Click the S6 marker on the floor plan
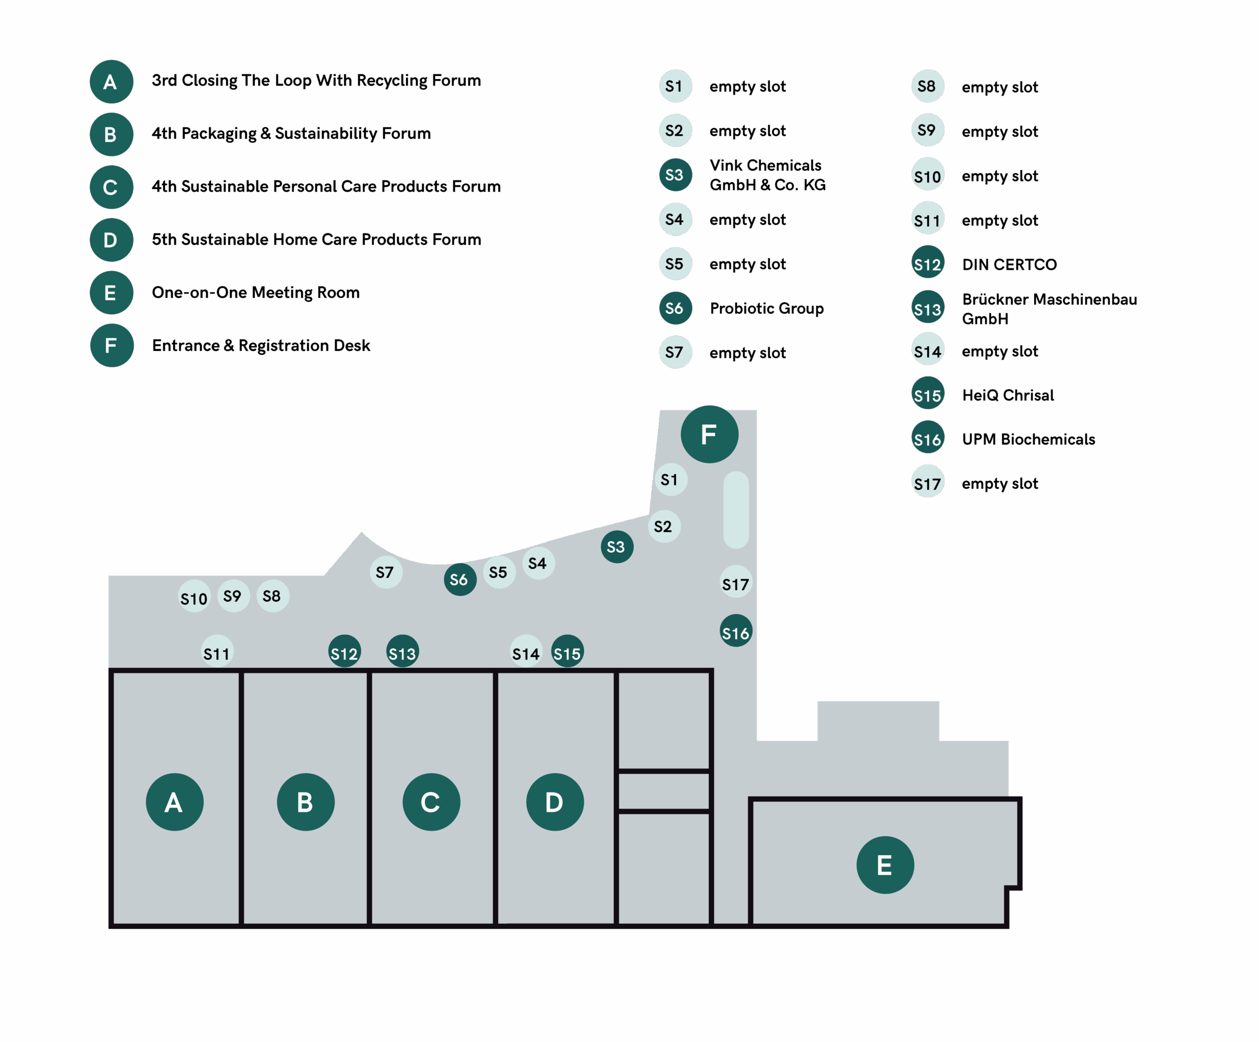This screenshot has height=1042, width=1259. coord(460,579)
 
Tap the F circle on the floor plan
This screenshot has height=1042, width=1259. coord(709,434)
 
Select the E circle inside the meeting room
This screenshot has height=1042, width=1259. coord(885,864)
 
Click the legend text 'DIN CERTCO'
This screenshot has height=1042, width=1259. coord(1009,265)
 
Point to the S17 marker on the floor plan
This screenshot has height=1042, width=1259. coord(736,583)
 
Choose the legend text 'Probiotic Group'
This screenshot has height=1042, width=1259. coord(766,308)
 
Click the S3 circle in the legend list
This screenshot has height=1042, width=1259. coord(675,175)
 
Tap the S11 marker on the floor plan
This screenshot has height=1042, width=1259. coord(216,653)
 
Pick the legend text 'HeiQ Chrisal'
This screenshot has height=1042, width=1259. coord(1007,395)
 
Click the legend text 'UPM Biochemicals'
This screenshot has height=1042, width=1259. coord(1028,440)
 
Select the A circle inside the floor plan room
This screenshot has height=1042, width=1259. coord(175,802)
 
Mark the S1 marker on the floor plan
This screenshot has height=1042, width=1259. coord(670,479)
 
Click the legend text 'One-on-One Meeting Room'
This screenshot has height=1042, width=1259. coord(255,293)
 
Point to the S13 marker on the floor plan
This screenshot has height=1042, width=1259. coord(402,653)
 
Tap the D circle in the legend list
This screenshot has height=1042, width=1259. coord(111,240)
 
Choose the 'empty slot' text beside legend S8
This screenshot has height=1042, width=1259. coord(999,88)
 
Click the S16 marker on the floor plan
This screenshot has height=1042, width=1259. coord(736,632)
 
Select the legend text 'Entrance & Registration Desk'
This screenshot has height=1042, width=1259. coord(261,345)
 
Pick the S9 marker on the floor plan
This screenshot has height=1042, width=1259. coord(233,596)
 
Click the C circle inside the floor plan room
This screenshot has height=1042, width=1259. coord(431,802)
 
